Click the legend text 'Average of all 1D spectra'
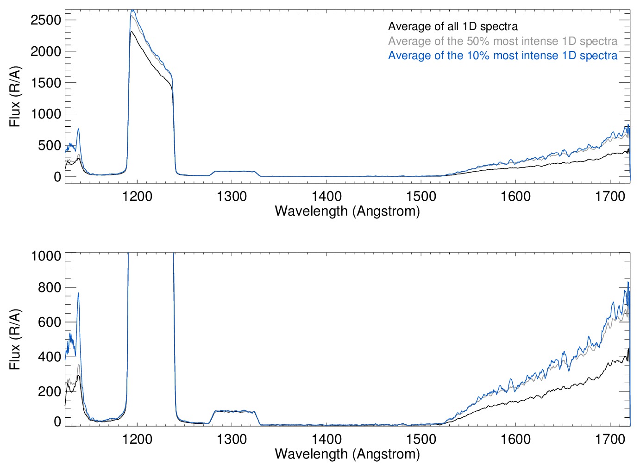pos(452,26)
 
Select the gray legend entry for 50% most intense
pos(502,41)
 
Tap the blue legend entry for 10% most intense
pos(502,56)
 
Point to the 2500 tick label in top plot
pos(46,20)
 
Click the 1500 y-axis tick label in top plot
pos(46,83)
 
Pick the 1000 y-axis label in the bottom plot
pos(46,256)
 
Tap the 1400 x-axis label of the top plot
pos(326,196)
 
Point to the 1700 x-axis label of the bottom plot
pos(610,439)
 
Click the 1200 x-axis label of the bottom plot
pos(138,439)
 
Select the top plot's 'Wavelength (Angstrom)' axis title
pos(347,211)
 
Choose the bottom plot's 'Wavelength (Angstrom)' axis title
pos(347,454)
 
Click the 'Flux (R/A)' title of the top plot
pos(15,96)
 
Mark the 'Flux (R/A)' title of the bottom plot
pos(15,339)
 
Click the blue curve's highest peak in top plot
pos(132,10)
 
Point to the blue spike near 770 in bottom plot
pos(78,293)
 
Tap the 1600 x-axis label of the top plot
pos(515,196)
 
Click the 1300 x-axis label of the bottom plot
pos(232,439)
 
